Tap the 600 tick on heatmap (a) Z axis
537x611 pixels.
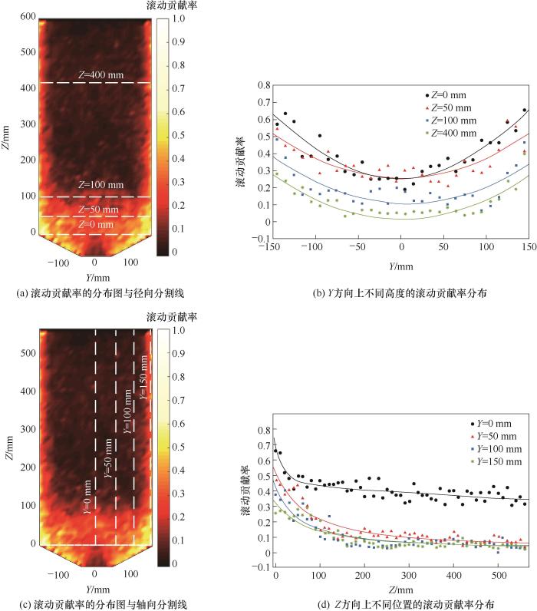tap(28, 16)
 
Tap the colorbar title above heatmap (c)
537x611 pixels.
tap(171, 316)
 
